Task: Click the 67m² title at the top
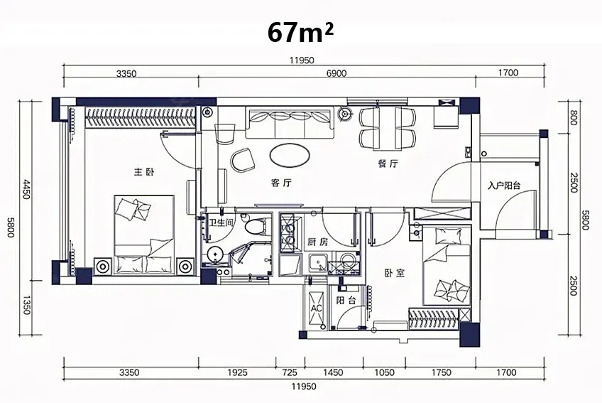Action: coord(300,32)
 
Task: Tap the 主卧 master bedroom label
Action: coord(143,172)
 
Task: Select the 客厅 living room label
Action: coord(281,183)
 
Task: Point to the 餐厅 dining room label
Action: coord(388,164)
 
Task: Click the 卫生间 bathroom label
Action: coord(221,222)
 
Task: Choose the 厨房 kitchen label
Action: coord(318,242)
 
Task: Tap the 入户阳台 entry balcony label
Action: coord(504,186)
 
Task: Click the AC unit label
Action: coord(317,308)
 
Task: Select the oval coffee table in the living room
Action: coord(290,156)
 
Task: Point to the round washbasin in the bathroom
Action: coord(215,254)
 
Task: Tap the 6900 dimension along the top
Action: coord(336,73)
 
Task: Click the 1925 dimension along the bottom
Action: coord(237,372)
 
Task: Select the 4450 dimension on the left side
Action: coord(26,188)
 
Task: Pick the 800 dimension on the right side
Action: coord(574,118)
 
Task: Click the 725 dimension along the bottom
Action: coord(290,372)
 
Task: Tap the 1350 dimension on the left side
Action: coord(26,305)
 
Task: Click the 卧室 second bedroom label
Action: coord(395,273)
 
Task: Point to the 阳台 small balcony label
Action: coord(346,301)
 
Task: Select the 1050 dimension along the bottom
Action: coord(384,372)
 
